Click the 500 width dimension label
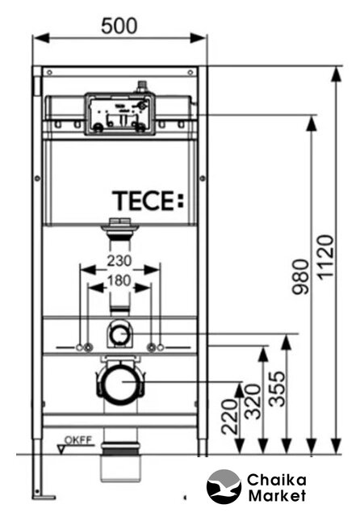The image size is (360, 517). (119, 26)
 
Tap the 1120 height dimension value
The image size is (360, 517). (326, 257)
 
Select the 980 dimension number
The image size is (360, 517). (301, 276)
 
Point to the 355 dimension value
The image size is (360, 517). (276, 389)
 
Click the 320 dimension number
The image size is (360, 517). (253, 401)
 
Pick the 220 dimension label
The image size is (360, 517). (229, 417)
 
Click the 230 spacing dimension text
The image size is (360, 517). (119, 260)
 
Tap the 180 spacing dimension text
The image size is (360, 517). (119, 280)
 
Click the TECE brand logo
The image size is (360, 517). (148, 201)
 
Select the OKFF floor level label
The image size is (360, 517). (78, 440)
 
